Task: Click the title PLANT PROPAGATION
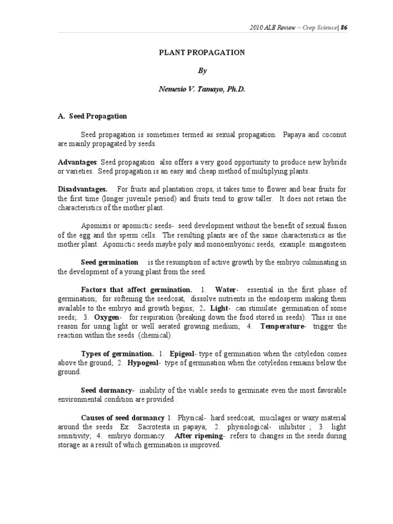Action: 196,52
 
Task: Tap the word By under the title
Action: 196,71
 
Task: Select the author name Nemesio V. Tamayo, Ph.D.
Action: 196,89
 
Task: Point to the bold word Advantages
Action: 77,162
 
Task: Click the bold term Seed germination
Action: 110,263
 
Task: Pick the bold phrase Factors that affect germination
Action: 137,290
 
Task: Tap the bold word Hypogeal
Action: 145,363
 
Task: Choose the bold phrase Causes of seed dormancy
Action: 123,418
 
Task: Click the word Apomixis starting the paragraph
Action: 96,226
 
